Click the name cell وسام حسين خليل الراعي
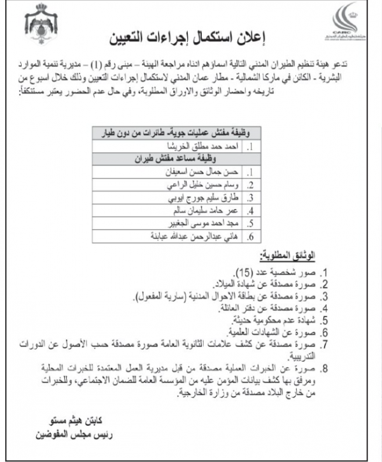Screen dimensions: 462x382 tap(210, 185)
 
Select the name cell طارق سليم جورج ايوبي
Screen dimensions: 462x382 tap(211, 198)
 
